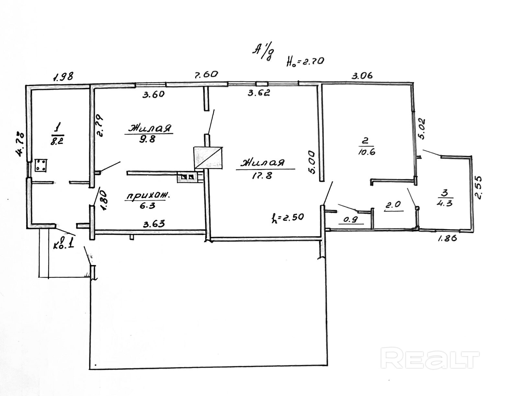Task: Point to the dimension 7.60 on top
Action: tap(206, 74)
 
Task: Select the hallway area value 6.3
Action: tap(145, 206)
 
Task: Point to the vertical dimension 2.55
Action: tap(479, 187)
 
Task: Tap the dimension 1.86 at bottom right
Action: tap(447, 239)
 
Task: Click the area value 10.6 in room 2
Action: tap(367, 152)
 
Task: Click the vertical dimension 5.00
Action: tap(312, 162)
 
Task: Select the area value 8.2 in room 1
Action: tap(57, 141)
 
